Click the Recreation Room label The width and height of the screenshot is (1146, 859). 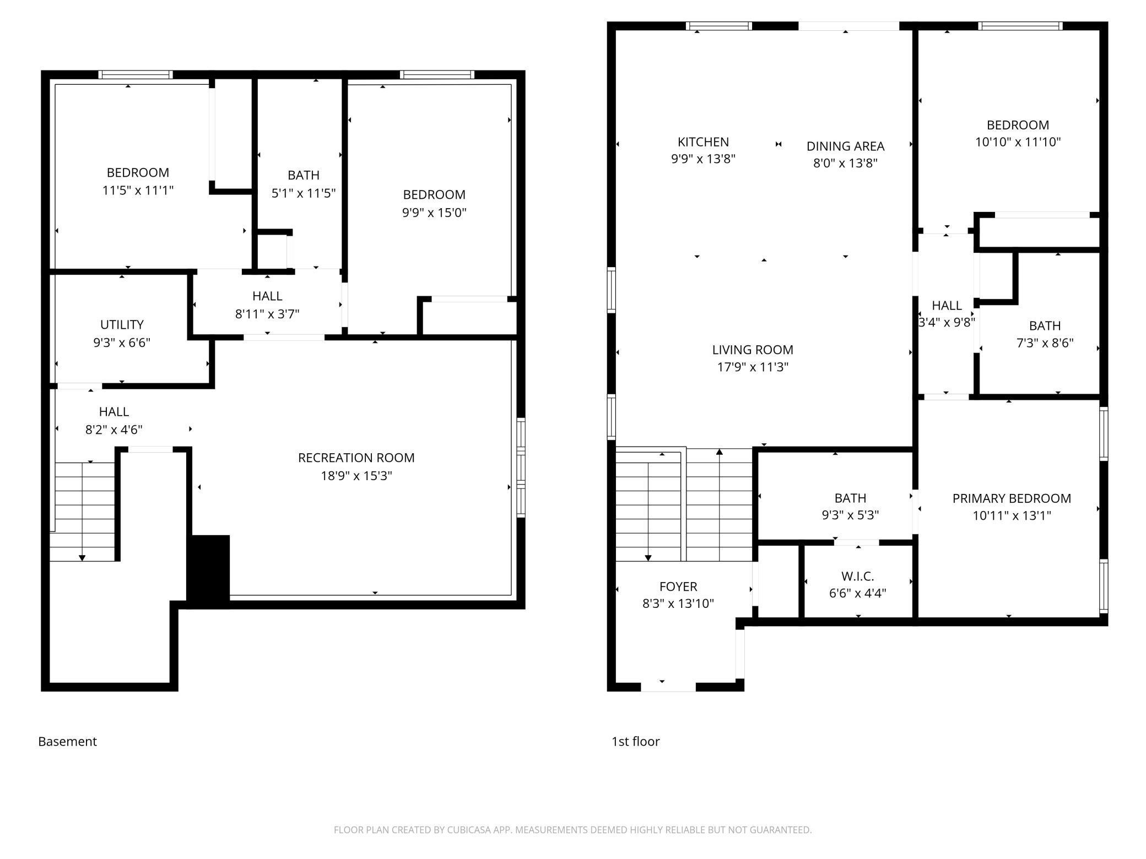tap(356, 458)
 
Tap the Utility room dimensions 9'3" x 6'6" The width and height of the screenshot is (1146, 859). tap(122, 342)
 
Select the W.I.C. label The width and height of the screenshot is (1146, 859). tap(858, 576)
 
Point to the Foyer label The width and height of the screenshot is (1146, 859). tap(678, 586)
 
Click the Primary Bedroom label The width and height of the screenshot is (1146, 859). tap(1012, 498)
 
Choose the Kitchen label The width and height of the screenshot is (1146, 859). tap(703, 142)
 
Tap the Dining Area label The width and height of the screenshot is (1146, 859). tap(845, 146)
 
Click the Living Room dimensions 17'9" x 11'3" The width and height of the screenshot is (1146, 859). tap(753, 367)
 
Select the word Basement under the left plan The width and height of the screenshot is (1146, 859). tap(67, 741)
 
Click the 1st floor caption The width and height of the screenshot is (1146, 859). tap(635, 741)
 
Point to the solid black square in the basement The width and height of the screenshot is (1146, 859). tap(208, 572)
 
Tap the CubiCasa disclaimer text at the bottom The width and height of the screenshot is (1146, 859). tap(572, 830)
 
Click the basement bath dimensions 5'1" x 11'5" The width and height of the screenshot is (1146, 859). tap(304, 193)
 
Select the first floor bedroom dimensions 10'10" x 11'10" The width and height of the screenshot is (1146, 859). tap(1018, 142)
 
